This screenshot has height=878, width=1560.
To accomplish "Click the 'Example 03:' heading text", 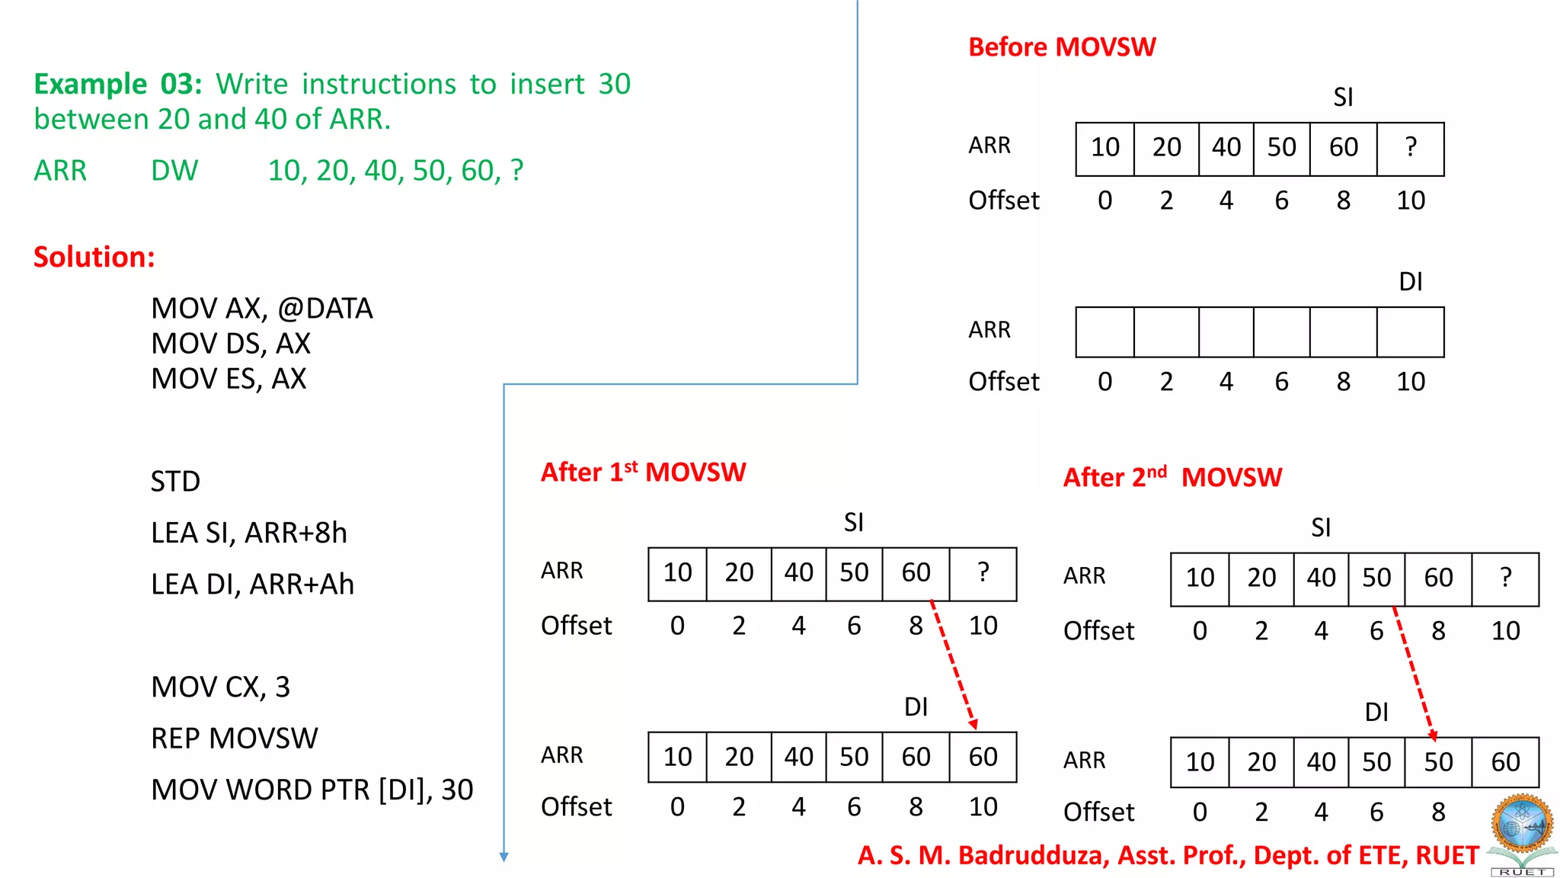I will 118,84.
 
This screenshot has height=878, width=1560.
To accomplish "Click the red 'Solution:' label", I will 94,257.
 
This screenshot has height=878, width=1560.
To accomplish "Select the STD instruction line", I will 175,482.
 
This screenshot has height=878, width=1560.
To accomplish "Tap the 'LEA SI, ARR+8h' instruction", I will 248,533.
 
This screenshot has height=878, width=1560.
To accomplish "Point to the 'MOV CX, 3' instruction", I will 220,687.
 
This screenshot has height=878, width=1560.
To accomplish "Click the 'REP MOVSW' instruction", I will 234,739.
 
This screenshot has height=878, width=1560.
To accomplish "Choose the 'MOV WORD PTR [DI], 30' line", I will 312,790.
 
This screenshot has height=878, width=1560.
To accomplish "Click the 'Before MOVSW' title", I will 1062,47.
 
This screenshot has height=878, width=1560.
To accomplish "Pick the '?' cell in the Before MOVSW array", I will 1411,147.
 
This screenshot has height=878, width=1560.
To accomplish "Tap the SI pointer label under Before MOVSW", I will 1343,98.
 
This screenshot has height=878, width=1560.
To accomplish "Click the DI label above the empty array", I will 1411,282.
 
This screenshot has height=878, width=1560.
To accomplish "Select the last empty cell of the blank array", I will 1411,332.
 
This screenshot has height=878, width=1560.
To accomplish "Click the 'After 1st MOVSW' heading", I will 643,473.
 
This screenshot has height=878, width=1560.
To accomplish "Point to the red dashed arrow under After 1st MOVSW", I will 952,663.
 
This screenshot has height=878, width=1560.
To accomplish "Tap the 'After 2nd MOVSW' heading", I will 1172,478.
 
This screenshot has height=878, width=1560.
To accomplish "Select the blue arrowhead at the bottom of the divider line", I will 503,857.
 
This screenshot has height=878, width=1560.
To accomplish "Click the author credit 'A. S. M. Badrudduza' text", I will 983,856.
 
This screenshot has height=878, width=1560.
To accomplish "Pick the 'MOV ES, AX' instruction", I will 229,379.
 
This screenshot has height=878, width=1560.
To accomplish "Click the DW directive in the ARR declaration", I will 174,171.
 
